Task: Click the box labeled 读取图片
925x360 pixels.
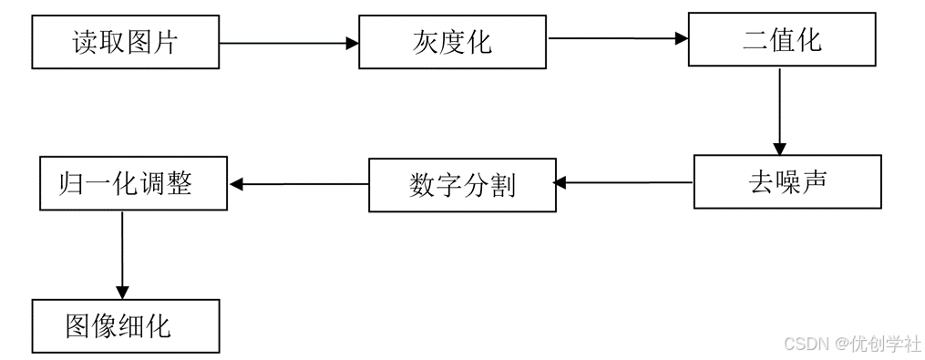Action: click(x=126, y=42)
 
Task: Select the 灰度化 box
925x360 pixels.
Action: click(x=453, y=42)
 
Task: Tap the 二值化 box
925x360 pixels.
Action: click(x=781, y=40)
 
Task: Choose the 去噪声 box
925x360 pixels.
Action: click(x=787, y=181)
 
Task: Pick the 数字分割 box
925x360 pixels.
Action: click(x=462, y=186)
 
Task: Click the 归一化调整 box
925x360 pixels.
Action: click(x=134, y=184)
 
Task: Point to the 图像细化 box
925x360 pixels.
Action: click(x=126, y=326)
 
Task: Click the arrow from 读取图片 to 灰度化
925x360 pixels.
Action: click(x=289, y=42)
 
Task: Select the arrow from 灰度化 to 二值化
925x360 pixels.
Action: click(x=617, y=38)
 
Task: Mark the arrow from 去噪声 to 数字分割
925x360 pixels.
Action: click(x=623, y=183)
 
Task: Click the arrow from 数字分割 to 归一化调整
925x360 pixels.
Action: click(x=299, y=184)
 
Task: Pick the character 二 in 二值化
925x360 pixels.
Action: click(x=755, y=40)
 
